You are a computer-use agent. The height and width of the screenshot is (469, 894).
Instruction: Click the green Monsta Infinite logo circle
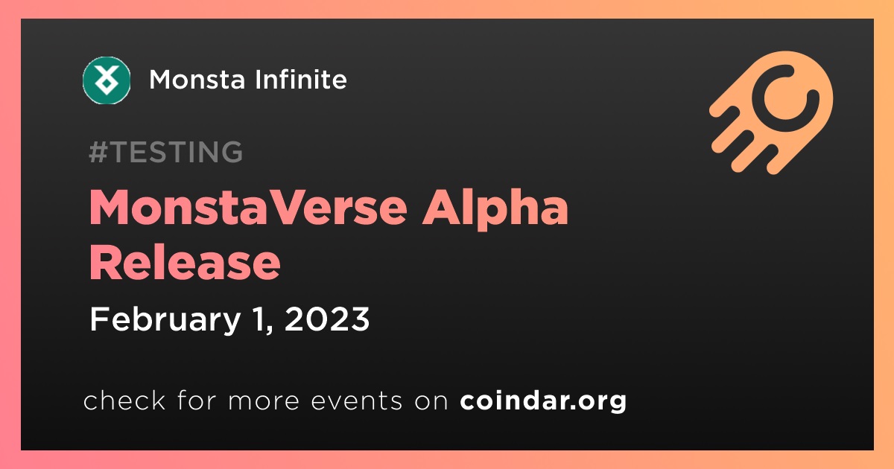[x=107, y=80]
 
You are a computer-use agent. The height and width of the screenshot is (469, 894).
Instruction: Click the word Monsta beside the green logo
[x=197, y=80]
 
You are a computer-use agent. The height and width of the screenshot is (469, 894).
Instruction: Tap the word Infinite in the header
[x=301, y=79]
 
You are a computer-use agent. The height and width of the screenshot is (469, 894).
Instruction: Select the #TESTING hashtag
[x=165, y=152]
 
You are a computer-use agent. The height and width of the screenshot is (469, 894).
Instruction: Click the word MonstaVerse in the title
[x=248, y=208]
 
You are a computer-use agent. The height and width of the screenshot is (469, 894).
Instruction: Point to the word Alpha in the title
[x=495, y=210]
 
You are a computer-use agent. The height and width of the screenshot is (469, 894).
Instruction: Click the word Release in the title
[x=185, y=263]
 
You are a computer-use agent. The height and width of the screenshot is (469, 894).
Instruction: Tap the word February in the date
[x=165, y=320]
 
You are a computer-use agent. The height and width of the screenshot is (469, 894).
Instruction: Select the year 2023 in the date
[x=327, y=319]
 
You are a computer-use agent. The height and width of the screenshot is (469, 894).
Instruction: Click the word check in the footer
[x=124, y=400]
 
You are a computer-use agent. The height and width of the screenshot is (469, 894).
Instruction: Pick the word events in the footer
[x=357, y=401]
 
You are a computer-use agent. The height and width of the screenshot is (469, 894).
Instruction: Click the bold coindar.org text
[x=543, y=401]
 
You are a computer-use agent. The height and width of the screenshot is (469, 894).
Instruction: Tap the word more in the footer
[x=264, y=401]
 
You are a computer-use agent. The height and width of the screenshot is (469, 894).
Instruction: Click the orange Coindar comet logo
[x=772, y=112]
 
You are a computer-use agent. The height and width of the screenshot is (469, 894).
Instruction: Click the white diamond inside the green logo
[x=107, y=83]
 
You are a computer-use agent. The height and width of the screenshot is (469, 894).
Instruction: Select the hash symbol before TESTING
[x=98, y=152]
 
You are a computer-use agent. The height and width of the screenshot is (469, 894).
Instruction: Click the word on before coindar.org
[x=431, y=401]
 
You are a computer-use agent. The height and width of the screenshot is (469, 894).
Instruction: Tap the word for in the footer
[x=197, y=400]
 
